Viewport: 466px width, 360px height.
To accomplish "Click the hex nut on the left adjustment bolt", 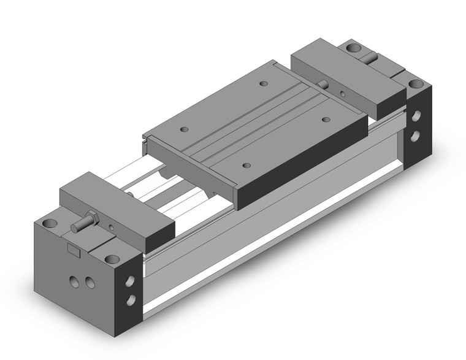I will click(91, 219).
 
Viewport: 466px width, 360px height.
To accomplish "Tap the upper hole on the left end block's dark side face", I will click(131, 279).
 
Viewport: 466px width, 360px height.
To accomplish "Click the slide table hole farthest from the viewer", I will click(264, 83).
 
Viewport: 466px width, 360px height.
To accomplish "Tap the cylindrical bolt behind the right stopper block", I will click(372, 59).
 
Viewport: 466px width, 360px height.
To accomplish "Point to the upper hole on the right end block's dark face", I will click(416, 115).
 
